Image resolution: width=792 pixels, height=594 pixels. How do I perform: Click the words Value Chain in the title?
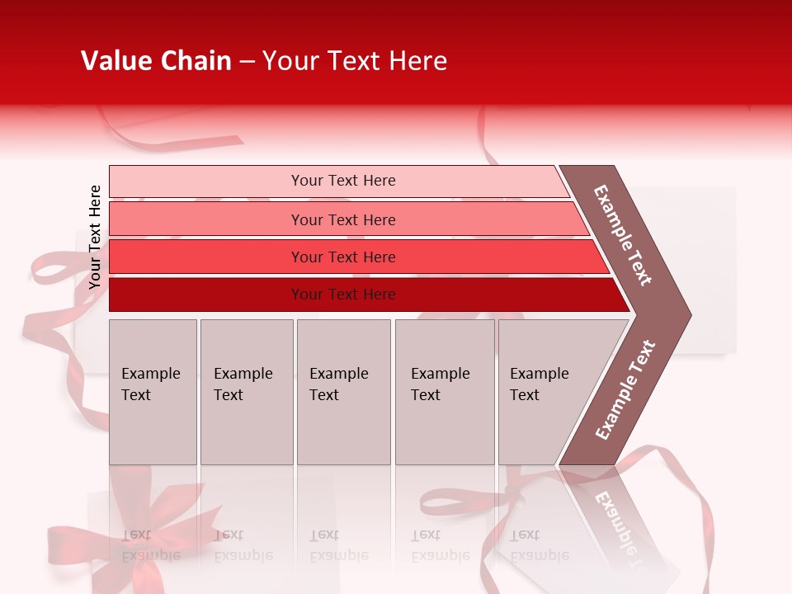pos(156,61)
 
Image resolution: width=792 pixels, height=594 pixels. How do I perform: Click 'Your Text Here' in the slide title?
pos(355,61)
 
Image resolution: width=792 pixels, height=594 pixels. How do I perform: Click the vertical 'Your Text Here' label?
pos(95,237)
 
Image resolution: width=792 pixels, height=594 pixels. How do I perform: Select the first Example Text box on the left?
pos(153,391)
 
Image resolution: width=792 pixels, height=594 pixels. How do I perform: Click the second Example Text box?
pos(246,391)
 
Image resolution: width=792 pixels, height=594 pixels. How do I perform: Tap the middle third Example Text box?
pos(343,391)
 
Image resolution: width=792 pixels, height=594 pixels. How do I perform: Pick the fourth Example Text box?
pos(444,391)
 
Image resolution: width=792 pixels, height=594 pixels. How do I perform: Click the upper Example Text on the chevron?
pos(623,235)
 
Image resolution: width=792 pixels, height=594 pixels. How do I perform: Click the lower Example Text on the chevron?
pos(625,390)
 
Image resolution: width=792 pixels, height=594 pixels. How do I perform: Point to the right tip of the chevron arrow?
pos(688,314)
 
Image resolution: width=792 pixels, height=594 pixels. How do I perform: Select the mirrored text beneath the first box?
pos(151,545)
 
